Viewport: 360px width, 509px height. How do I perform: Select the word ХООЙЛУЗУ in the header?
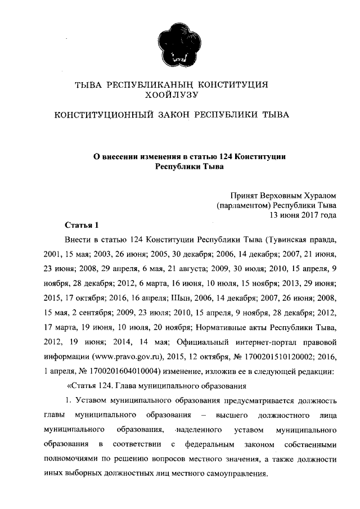click(180, 95)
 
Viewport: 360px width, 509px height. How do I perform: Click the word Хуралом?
click(318, 196)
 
